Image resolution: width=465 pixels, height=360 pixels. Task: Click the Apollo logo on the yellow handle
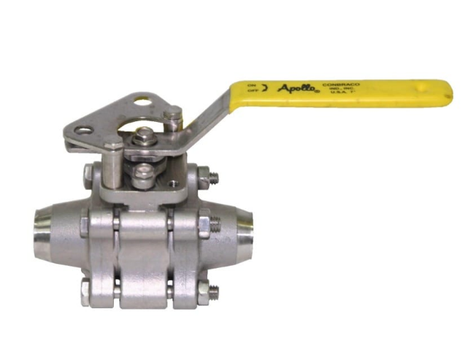click(x=296, y=90)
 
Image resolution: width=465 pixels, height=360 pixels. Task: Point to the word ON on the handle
click(x=252, y=85)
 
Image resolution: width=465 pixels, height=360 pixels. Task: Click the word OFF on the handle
click(x=252, y=93)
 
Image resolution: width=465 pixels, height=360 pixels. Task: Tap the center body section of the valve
click(x=145, y=248)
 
